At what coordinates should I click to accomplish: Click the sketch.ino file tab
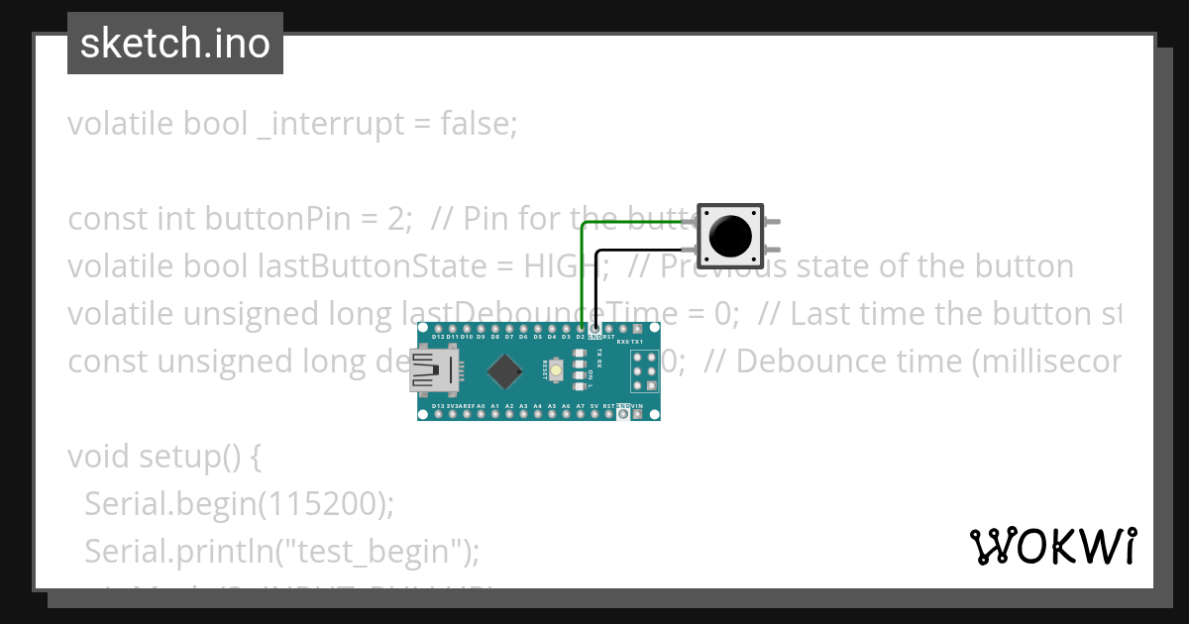pos(174,44)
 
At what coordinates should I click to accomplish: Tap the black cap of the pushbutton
pos(730,236)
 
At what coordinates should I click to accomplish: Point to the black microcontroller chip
pos(505,372)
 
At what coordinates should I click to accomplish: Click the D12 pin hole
pos(438,328)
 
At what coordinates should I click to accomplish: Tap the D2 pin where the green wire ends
pos(581,328)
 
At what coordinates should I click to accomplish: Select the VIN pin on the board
pos(652,415)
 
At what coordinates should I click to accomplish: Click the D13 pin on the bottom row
pos(438,415)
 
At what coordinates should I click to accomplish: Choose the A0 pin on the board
pos(481,415)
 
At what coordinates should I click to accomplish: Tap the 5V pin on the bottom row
pos(594,415)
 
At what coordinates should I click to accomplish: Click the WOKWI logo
pos(1052,546)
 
